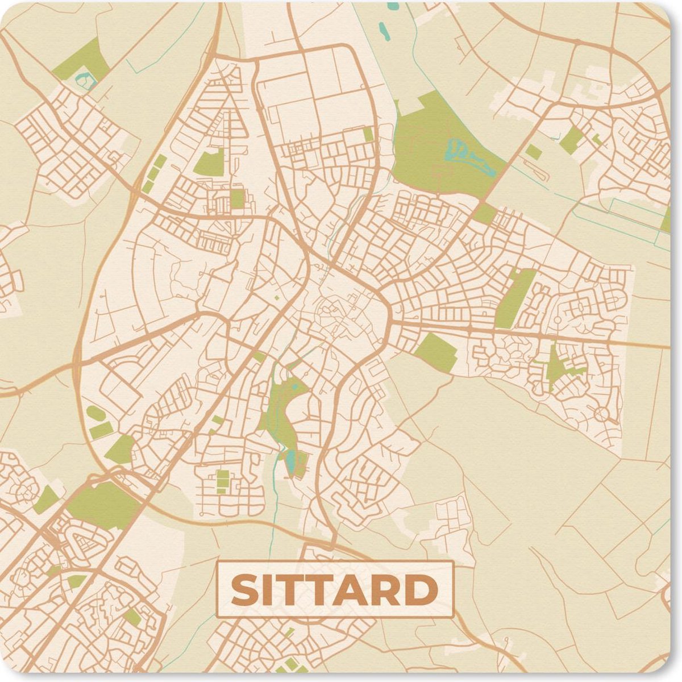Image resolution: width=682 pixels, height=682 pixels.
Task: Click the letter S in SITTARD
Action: [245, 590]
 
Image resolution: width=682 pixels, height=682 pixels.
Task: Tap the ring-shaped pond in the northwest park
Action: [85, 80]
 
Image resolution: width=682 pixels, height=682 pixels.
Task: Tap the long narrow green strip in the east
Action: [515, 298]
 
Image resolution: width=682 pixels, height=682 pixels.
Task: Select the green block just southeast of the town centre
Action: [436, 352]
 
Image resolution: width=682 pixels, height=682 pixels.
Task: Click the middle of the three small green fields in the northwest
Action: [154, 174]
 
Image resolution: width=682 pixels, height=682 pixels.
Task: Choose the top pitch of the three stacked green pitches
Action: [222, 473]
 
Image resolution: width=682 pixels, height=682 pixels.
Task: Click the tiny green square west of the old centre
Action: [277, 297]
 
